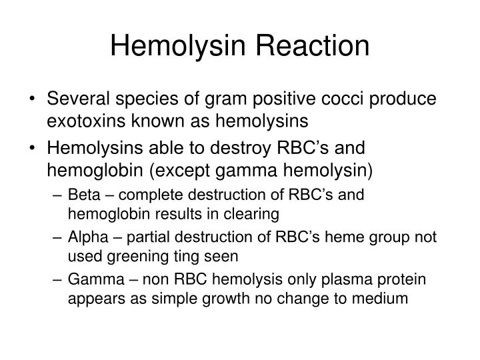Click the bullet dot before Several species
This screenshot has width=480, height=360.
tap(33, 99)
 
